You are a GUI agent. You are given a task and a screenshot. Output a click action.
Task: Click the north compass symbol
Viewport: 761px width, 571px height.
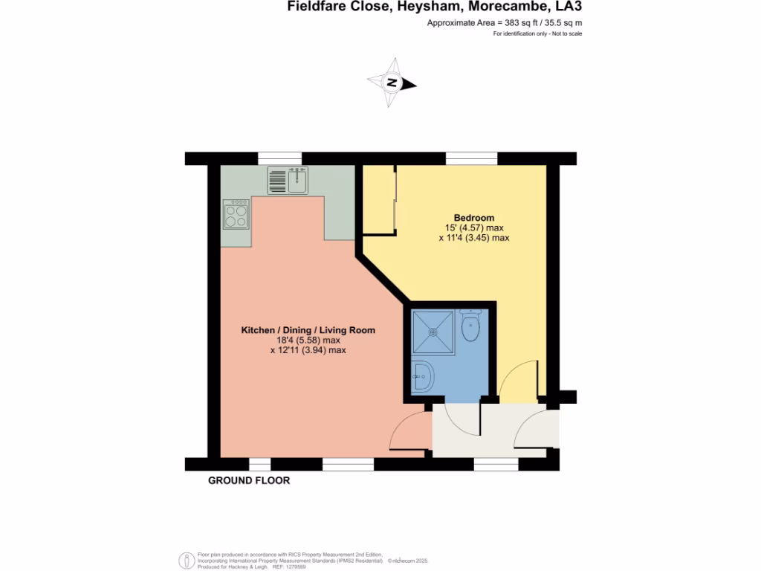[x=392, y=83]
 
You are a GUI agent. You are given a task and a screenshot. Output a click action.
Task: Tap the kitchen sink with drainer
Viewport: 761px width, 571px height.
[x=288, y=181]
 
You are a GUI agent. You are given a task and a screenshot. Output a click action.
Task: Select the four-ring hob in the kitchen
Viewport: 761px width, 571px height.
[x=236, y=214]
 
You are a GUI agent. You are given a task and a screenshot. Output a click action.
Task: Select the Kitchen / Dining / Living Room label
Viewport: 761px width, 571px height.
[x=308, y=330]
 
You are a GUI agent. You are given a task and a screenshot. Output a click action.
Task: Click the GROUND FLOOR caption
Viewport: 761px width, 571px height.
[x=248, y=481]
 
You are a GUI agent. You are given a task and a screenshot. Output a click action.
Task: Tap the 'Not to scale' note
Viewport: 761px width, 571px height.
[x=564, y=35]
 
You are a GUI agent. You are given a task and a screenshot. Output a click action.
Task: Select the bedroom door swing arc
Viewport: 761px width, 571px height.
[x=517, y=379]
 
